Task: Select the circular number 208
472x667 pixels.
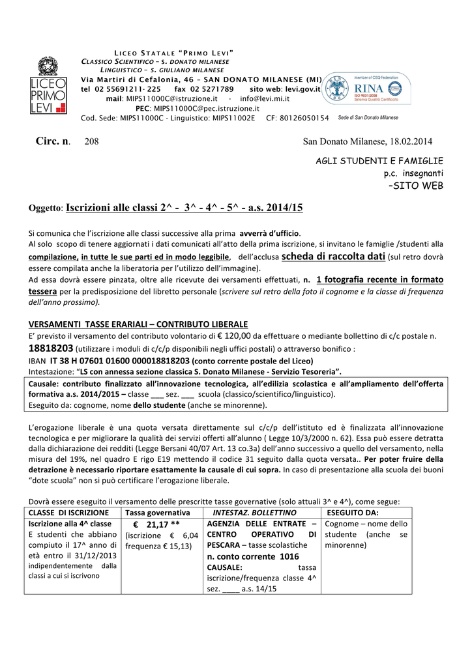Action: pos(92,142)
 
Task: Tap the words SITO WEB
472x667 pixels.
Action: pos(415,186)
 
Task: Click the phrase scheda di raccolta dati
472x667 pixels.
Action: pos(333,257)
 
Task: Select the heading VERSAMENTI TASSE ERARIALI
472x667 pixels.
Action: pos(138,324)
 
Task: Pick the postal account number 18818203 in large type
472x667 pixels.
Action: pos(52,348)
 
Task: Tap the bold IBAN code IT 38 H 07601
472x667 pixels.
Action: pos(120,360)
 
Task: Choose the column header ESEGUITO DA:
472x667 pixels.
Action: pos(357,513)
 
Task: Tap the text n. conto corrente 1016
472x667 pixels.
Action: pos(253,556)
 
